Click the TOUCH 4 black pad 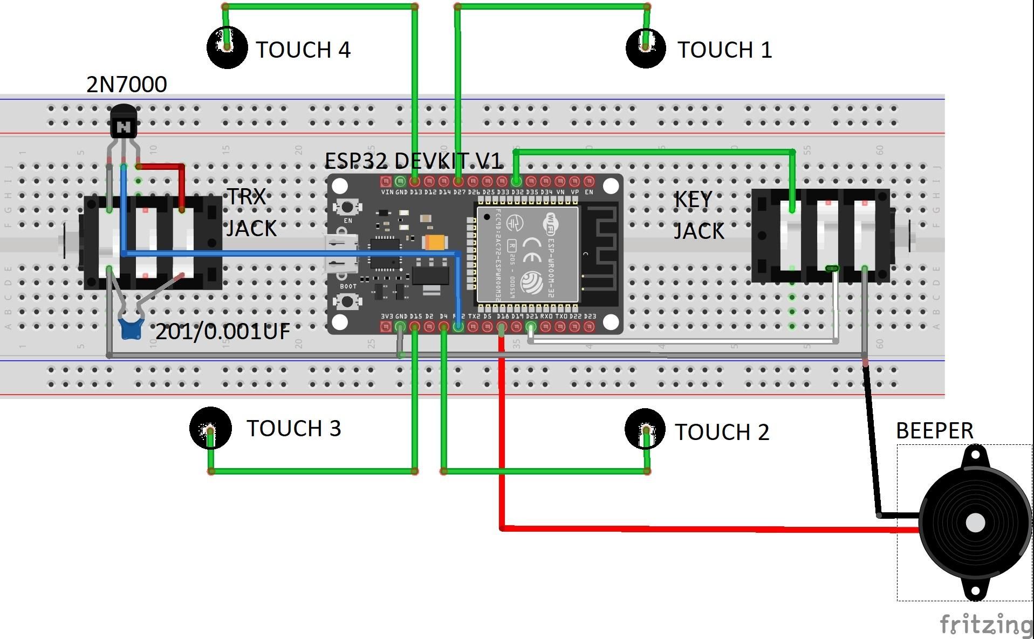pos(227,48)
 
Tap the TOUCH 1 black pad pos(646,48)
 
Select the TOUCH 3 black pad pos(210,428)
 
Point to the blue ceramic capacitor pos(130,327)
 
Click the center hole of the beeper pos(975,522)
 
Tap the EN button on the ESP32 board pos(347,207)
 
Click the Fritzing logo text pos(986,624)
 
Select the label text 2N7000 pos(127,85)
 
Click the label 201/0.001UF pos(222,331)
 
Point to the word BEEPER pos(934,431)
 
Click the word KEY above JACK pos(693,200)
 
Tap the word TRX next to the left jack pos(246,197)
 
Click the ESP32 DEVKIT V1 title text pos(413,161)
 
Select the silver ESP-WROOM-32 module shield pos(527,254)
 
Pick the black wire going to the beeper pos(872,448)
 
